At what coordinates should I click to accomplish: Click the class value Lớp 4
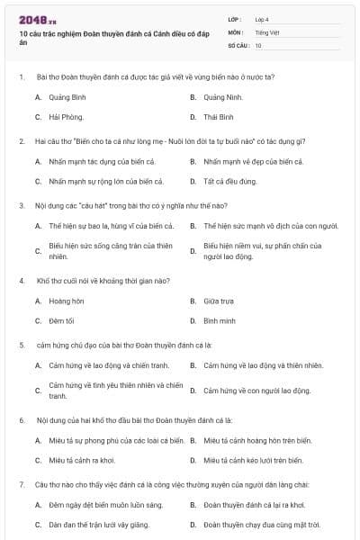pos(262,19)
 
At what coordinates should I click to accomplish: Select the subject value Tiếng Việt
pos(265,31)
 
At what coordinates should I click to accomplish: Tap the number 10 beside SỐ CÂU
pos(258,44)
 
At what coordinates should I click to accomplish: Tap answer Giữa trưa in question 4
pos(219,301)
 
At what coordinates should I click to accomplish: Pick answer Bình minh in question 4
pos(220,320)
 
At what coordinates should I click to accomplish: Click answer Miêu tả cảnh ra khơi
pos(82,460)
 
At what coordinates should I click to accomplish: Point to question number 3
pos(21,205)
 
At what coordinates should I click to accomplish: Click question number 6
pos(21,420)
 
